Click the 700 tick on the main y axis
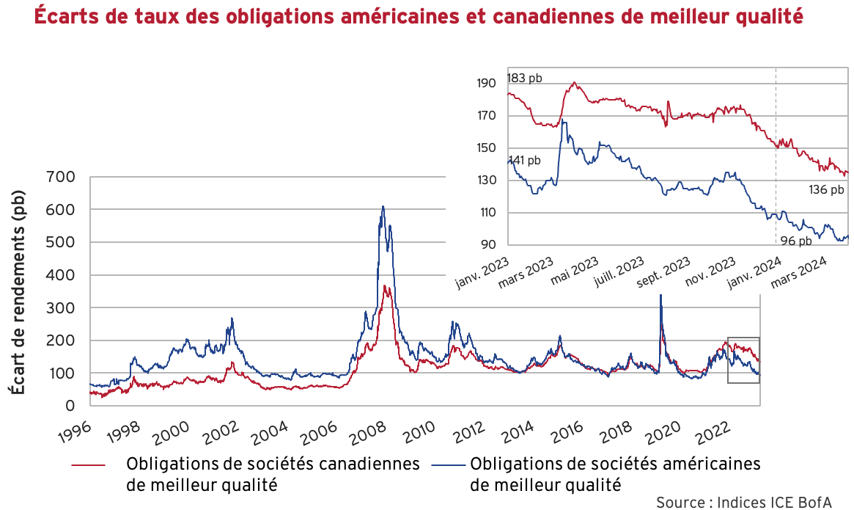[x=61, y=177]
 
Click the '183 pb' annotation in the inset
[x=524, y=78]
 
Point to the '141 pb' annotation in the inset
[x=524, y=160]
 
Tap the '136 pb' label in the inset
[x=827, y=190]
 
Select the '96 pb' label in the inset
[x=794, y=241]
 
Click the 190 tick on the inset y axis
[x=486, y=84]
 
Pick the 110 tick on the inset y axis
[x=486, y=213]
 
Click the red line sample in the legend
[x=88, y=465]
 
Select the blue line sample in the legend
[x=449, y=465]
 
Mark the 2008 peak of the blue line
[x=383, y=207]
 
